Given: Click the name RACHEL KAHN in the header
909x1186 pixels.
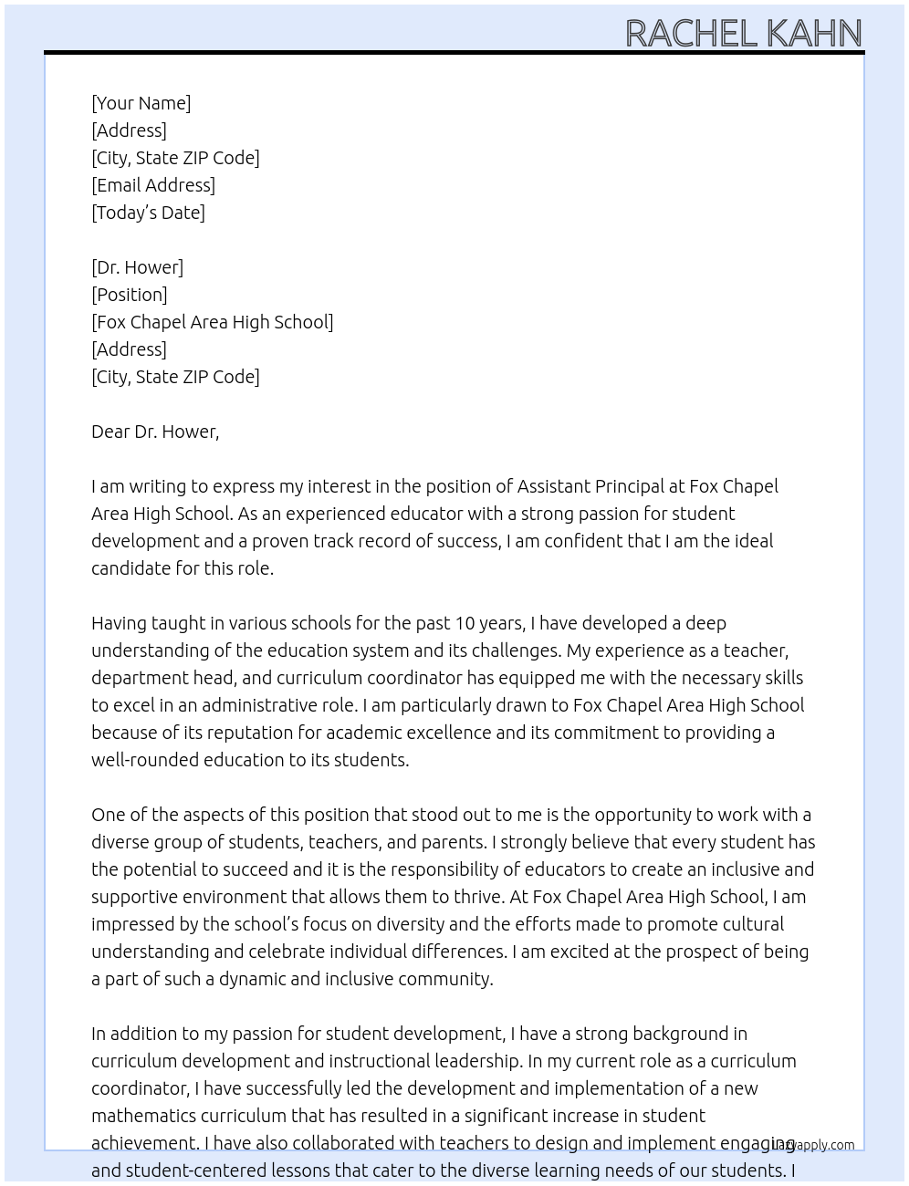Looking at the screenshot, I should point(743,34).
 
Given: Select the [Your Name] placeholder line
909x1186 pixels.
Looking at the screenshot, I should point(141,103).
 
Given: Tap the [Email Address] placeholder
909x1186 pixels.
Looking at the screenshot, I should point(153,185).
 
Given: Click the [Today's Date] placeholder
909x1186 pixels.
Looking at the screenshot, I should point(148,213).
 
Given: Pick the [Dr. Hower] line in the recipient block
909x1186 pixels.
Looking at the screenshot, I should point(137,267).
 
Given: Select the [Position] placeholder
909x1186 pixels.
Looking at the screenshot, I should point(130,295).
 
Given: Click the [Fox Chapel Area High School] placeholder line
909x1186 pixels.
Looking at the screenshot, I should point(212,322).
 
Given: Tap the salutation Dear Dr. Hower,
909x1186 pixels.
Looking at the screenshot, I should point(155,432).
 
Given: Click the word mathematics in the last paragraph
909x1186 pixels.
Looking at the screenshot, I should point(143,1116).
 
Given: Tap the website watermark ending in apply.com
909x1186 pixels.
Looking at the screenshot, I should point(813,1145).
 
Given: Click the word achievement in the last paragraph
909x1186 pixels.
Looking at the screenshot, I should point(144,1143).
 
